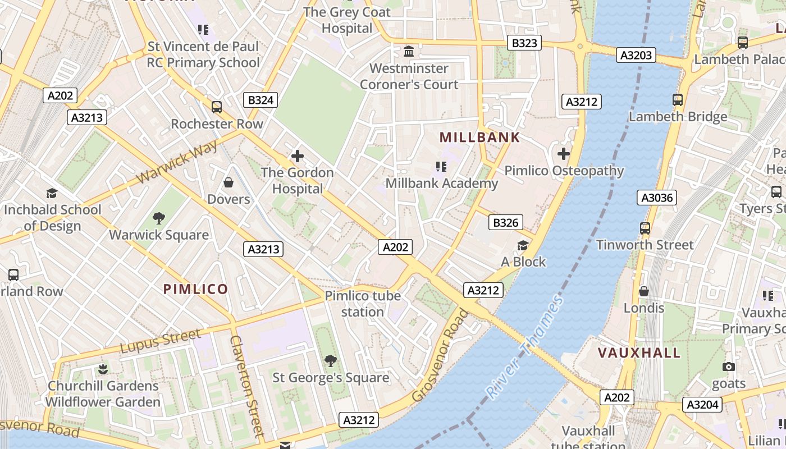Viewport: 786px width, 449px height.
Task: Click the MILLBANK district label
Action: click(x=479, y=138)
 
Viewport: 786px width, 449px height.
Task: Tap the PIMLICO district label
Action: click(x=195, y=290)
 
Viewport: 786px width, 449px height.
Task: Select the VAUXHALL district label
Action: click(x=639, y=353)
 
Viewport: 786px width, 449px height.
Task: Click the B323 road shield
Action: click(x=525, y=43)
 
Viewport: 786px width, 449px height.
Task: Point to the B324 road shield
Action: click(x=261, y=100)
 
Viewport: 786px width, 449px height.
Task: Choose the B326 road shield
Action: click(x=505, y=223)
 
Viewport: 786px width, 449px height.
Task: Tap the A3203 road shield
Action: click(x=637, y=55)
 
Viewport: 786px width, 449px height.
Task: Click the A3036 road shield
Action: click(x=657, y=198)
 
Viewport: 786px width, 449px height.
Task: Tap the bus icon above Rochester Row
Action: click(x=217, y=107)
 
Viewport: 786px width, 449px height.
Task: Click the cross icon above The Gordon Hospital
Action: click(x=297, y=156)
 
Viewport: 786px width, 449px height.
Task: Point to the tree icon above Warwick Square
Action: click(x=159, y=218)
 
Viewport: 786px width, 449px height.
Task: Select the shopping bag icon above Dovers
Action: click(x=229, y=182)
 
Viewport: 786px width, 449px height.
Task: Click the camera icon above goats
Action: click(x=729, y=367)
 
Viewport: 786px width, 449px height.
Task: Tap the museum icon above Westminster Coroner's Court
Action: click(x=409, y=52)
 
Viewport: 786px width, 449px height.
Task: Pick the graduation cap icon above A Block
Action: click(x=523, y=245)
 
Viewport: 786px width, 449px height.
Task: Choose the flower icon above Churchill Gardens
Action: click(x=103, y=369)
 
